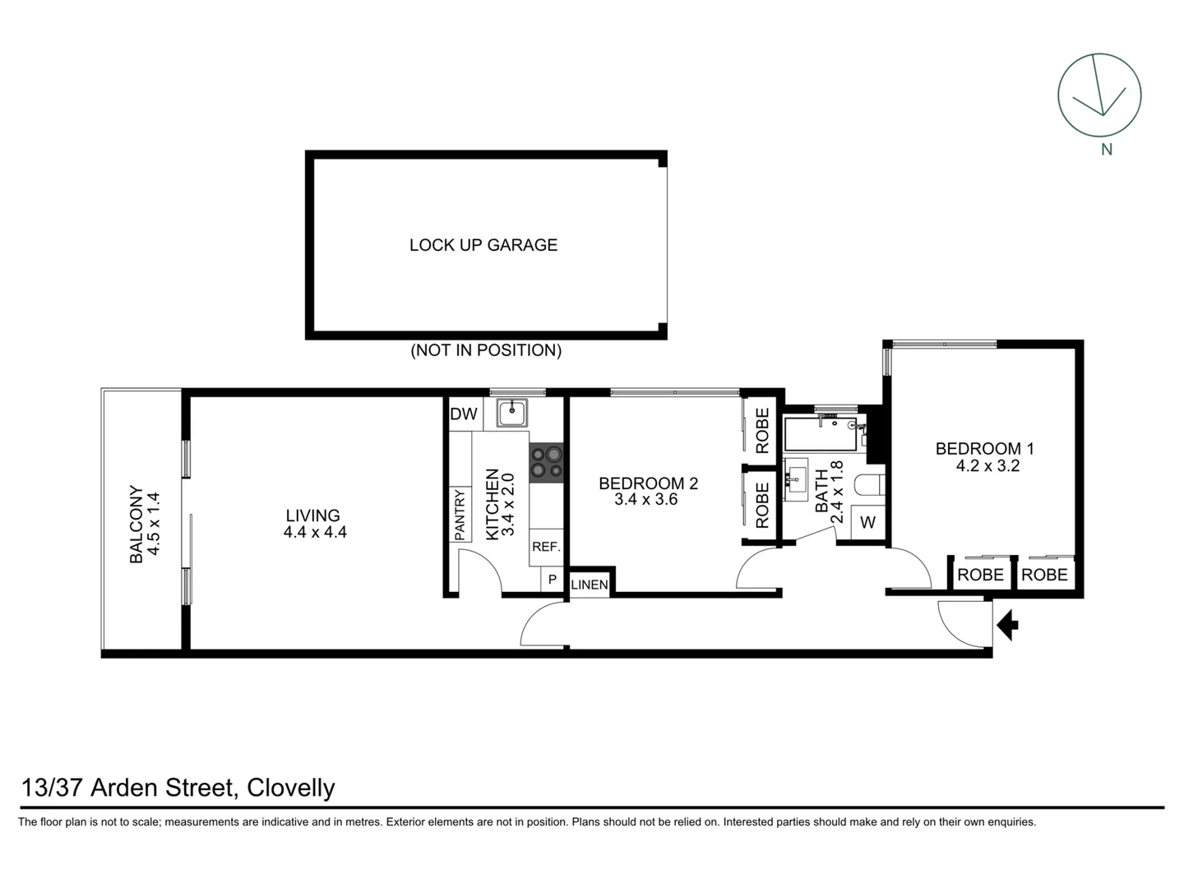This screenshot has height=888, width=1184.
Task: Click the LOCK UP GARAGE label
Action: pyautogui.click(x=483, y=245)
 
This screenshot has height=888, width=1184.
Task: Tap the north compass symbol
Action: pyautogui.click(x=1099, y=95)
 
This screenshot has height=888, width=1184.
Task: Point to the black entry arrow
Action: pyautogui.click(x=1007, y=625)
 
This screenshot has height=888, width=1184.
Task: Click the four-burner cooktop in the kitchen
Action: pyautogui.click(x=546, y=461)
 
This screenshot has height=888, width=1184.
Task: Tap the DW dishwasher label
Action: pyautogui.click(x=464, y=414)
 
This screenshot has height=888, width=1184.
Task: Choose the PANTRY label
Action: pyautogui.click(x=460, y=515)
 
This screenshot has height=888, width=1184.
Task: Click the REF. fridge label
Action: pyautogui.click(x=546, y=547)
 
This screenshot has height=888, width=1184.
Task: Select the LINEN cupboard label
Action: pyautogui.click(x=590, y=585)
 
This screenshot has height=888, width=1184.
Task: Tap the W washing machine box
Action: pyautogui.click(x=868, y=522)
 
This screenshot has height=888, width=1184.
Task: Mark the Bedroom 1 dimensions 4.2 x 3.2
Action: pyautogui.click(x=987, y=466)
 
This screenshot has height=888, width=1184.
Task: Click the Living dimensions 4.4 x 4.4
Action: pyautogui.click(x=315, y=532)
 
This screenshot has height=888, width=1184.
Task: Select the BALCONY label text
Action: pyautogui.click(x=136, y=525)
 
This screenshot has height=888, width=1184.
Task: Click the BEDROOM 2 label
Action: pyautogui.click(x=648, y=483)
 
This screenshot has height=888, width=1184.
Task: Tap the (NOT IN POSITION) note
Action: pyautogui.click(x=486, y=350)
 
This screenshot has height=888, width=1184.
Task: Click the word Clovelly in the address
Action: pyautogui.click(x=291, y=788)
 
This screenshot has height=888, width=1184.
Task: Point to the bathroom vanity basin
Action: pyautogui.click(x=795, y=477)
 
